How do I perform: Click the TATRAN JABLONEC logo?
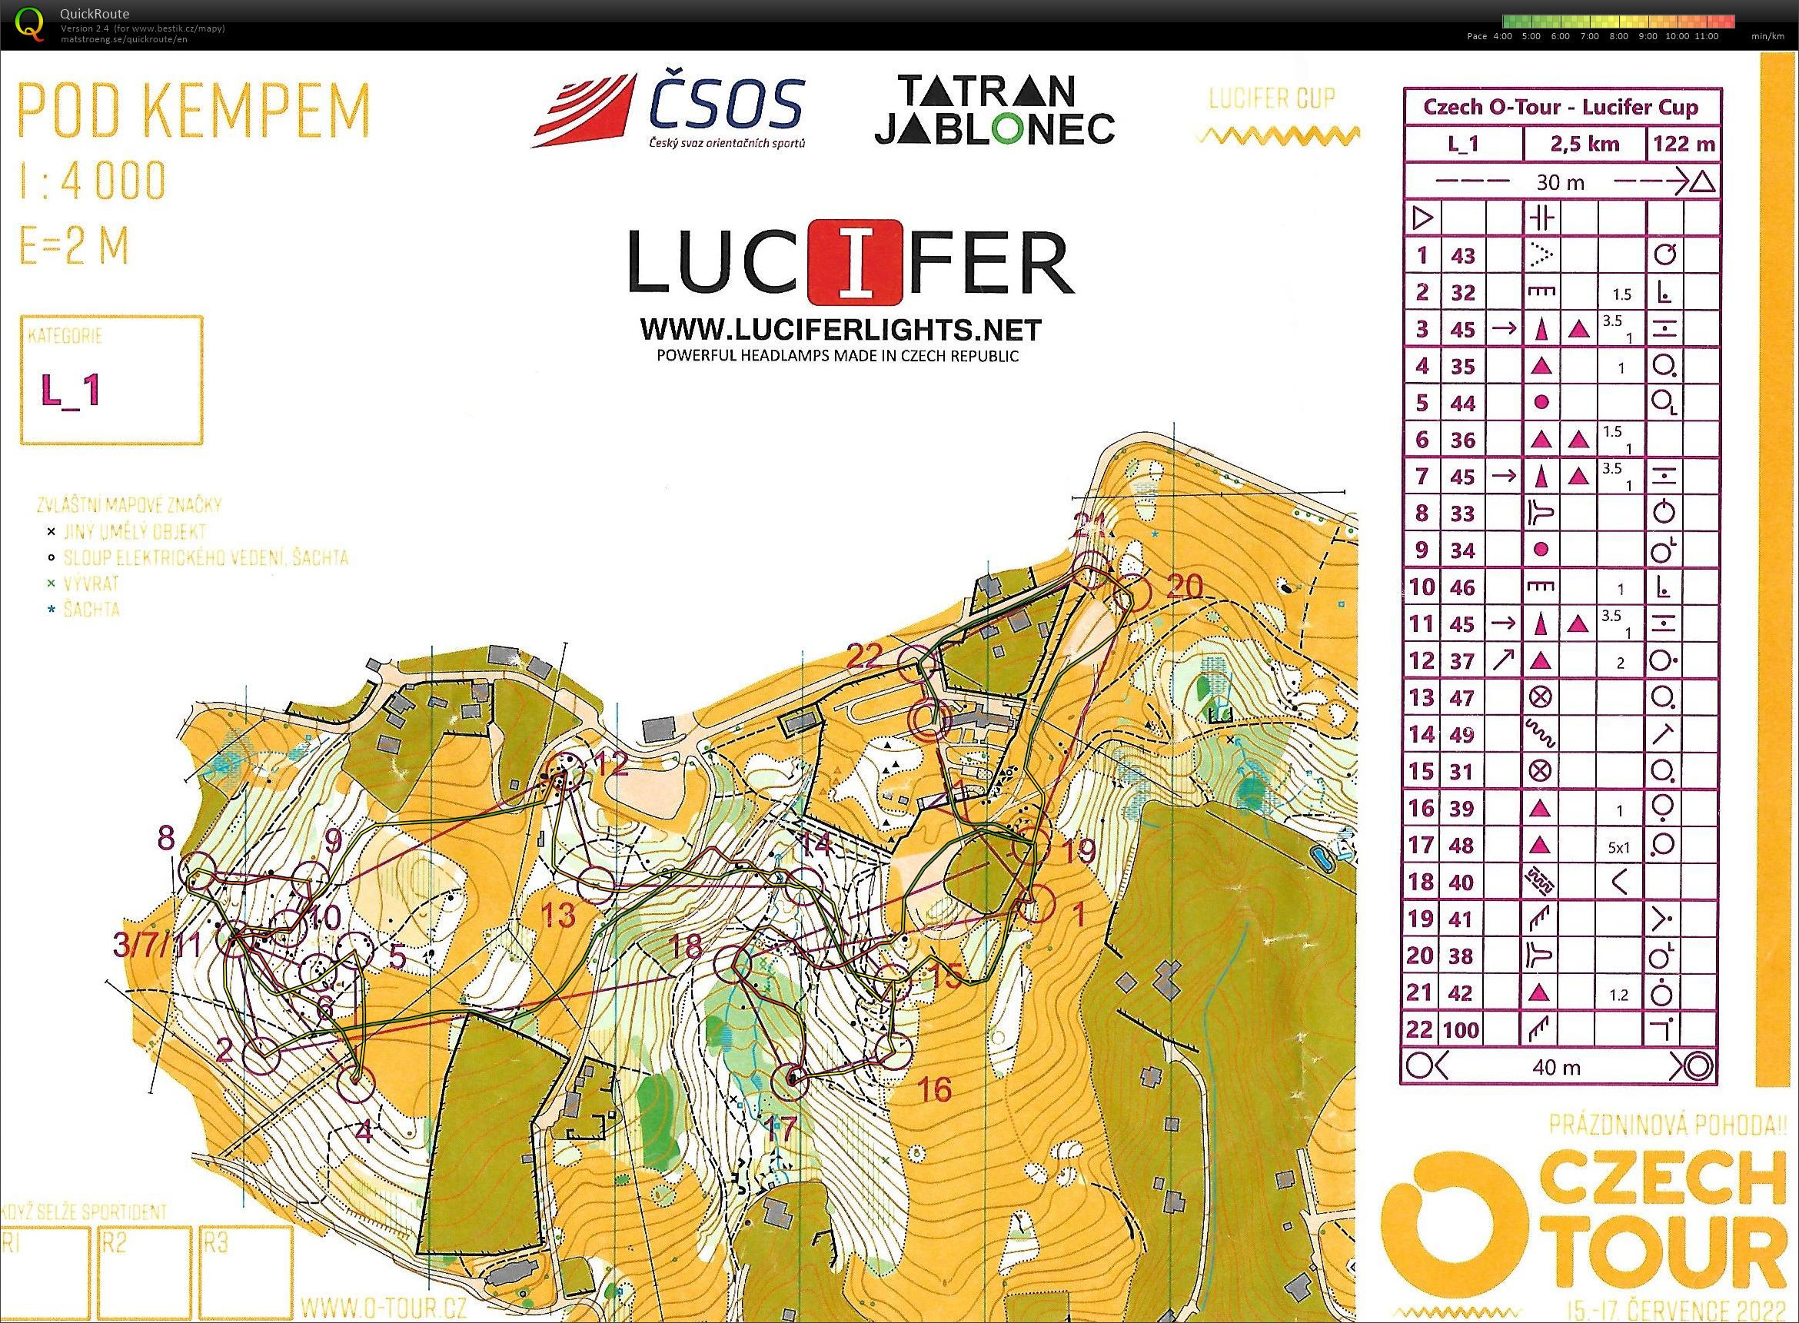click(x=993, y=110)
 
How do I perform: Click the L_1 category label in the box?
click(x=71, y=390)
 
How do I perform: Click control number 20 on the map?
click(x=1184, y=587)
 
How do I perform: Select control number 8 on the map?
click(x=166, y=839)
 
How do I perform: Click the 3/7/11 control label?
click(x=157, y=946)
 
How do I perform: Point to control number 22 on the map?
click(x=865, y=657)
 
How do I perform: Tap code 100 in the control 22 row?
click(x=1461, y=1029)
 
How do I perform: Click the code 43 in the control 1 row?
click(x=1462, y=255)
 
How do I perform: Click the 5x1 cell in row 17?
click(x=1618, y=845)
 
